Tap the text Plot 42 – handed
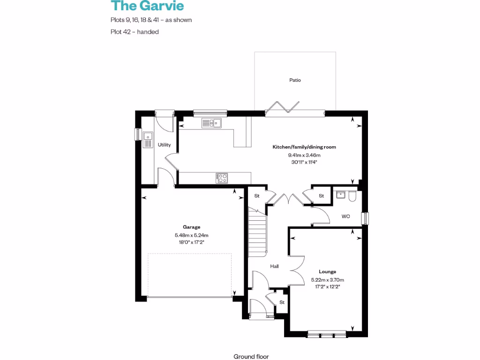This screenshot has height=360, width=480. click(x=135, y=32)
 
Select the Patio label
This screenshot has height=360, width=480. click(x=295, y=80)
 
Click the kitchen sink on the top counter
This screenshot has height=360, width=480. click(x=212, y=123)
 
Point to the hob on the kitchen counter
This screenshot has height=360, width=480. click(x=222, y=178)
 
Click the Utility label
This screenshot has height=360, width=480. click(x=164, y=145)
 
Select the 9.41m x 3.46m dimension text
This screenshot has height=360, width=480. click(x=304, y=155)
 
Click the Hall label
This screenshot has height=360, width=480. click(x=274, y=266)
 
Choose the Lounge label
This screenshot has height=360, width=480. click(x=327, y=271)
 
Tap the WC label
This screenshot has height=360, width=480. click(x=346, y=217)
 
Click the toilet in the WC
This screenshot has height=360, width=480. click(x=352, y=196)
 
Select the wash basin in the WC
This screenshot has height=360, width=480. click(x=340, y=195)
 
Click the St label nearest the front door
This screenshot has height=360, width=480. click(x=282, y=302)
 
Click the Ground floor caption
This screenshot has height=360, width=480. click(x=251, y=357)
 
